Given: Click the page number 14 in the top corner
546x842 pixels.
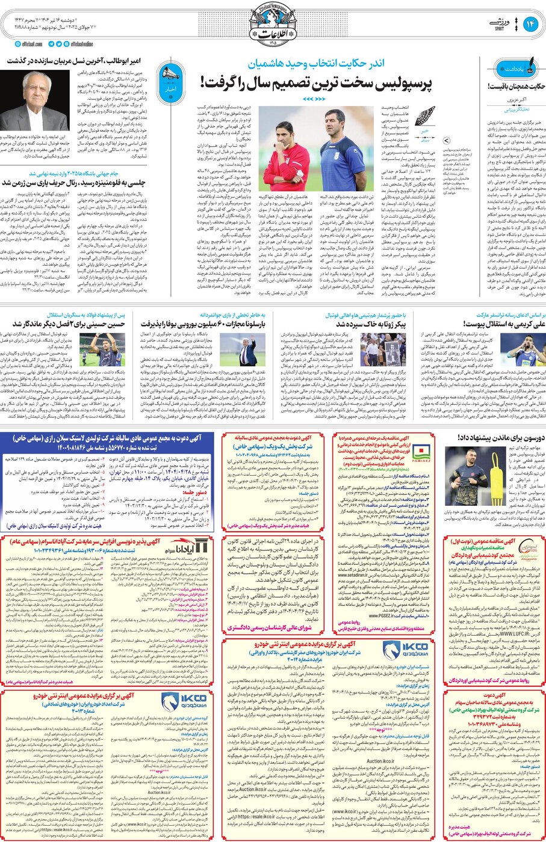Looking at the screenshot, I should click(x=530, y=25).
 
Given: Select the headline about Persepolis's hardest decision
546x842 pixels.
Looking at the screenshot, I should click(x=316, y=82).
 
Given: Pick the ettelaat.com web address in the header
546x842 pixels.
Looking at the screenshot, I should click(x=27, y=44).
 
